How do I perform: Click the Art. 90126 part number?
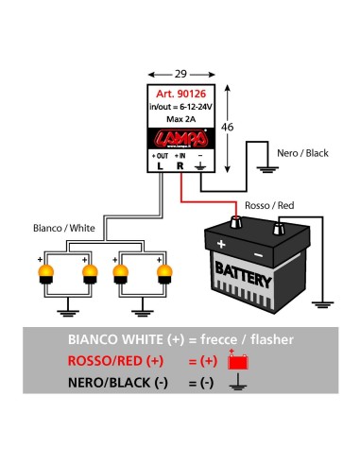click(180, 94)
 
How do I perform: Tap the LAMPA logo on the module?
click(180, 136)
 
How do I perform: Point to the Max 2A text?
click(180, 119)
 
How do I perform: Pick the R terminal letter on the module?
click(180, 165)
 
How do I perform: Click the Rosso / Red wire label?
click(271, 204)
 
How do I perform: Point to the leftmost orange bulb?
click(44, 275)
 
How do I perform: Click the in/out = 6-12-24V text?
click(180, 107)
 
